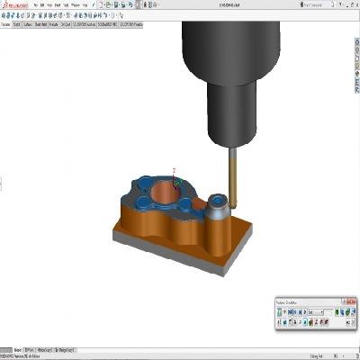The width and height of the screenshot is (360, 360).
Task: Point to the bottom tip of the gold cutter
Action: coord(230,208)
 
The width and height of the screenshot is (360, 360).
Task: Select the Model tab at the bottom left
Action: coord(7,348)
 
